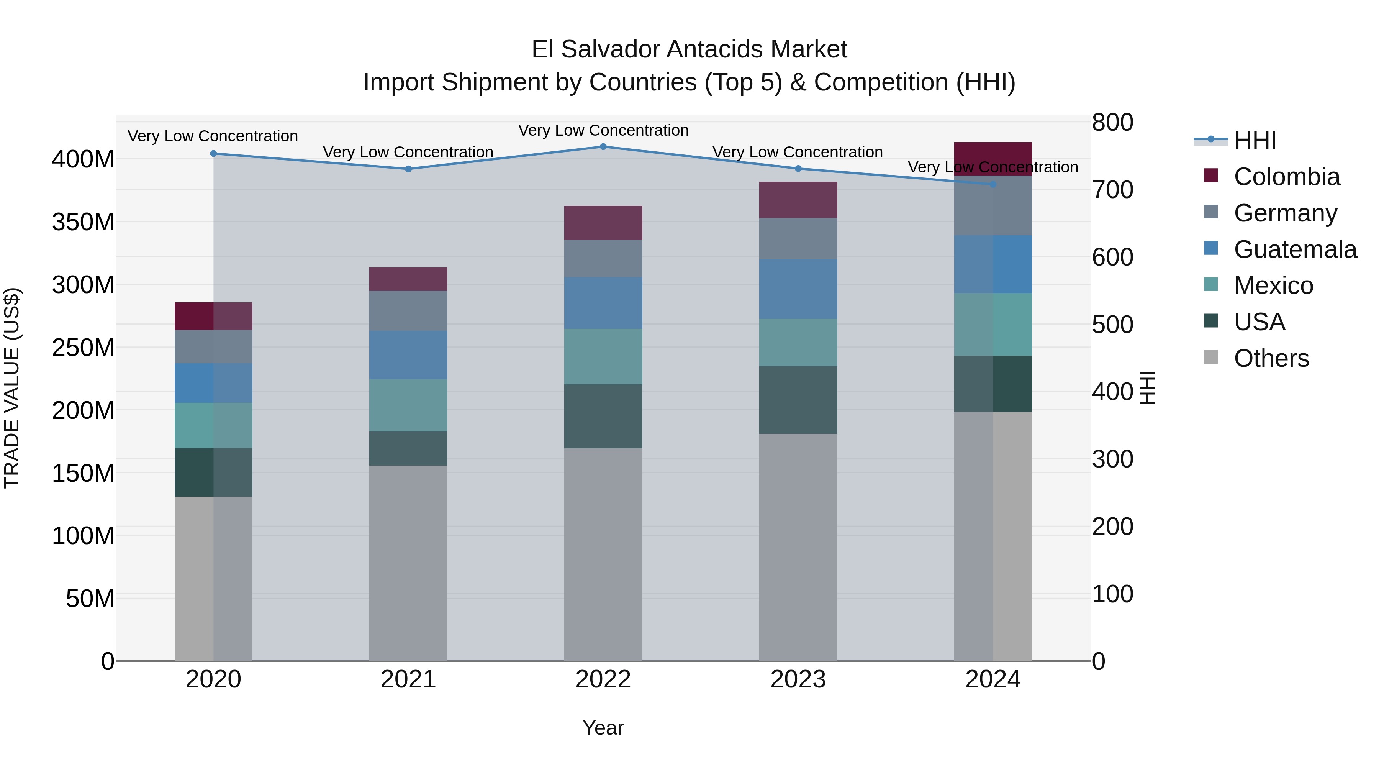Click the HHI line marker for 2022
point(603,147)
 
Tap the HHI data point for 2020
point(214,154)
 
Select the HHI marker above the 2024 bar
point(993,184)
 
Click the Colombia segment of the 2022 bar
point(603,223)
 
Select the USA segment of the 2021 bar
point(408,448)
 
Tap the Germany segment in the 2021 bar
point(408,311)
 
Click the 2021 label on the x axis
point(408,679)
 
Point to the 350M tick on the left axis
point(83,222)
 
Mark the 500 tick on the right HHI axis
point(1112,325)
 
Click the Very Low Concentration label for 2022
point(603,131)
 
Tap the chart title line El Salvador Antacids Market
point(689,49)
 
